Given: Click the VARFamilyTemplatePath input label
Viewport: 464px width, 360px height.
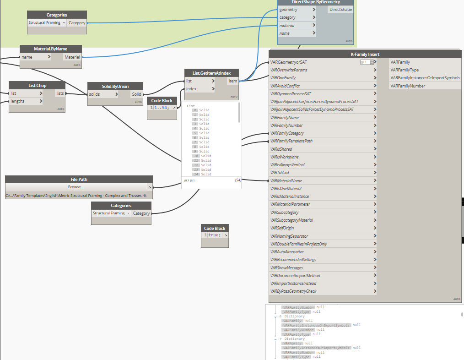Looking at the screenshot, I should click(x=291, y=141).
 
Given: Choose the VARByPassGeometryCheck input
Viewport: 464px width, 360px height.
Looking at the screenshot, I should click(x=293, y=291).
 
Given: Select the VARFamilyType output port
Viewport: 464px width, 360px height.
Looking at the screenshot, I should click(x=405, y=70).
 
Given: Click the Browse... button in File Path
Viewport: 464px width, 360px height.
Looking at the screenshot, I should click(x=76, y=187).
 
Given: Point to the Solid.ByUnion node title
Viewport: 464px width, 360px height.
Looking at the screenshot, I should click(x=115, y=86).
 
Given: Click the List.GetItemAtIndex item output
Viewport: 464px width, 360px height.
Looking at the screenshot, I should click(x=233, y=81).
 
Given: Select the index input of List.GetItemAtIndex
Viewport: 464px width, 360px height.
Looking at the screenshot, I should click(x=192, y=89).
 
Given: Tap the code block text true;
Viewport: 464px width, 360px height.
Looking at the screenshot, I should click(x=214, y=235).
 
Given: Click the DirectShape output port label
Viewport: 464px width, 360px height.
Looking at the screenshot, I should click(x=340, y=9).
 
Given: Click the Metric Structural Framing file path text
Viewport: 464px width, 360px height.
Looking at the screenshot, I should click(x=76, y=196).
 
